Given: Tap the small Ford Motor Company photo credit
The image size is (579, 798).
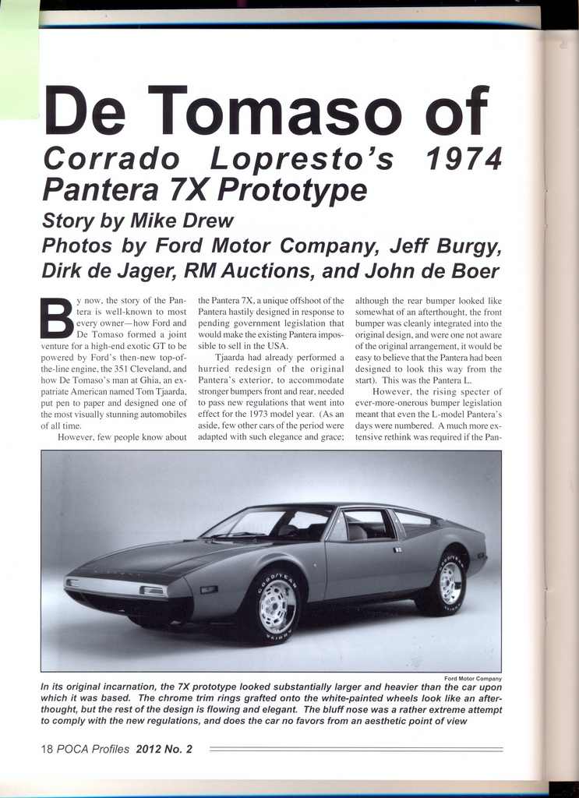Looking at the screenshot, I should coord(472,679).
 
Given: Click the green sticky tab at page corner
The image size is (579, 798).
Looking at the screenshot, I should coord(19,58).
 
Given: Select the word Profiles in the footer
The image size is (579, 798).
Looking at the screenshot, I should coord(110,749).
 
